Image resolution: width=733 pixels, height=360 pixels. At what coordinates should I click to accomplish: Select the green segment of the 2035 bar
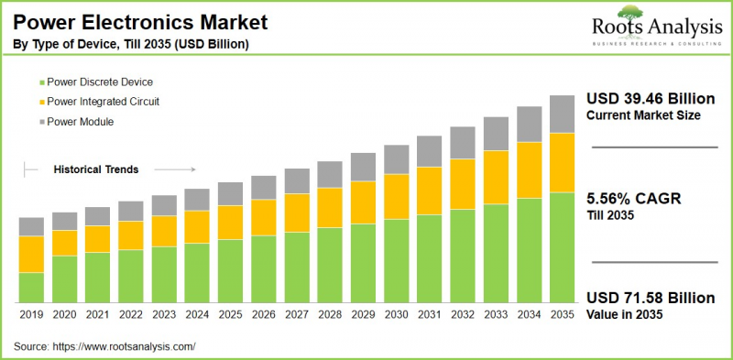[562, 247]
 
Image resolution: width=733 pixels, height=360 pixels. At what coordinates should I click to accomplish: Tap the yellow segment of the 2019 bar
[31, 254]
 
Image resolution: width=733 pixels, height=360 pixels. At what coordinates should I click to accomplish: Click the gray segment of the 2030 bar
[397, 159]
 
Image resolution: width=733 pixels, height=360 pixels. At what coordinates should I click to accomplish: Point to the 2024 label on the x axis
[197, 314]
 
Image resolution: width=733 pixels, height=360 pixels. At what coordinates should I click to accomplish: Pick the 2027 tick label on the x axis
[297, 314]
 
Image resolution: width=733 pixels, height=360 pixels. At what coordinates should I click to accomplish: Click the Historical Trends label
[96, 169]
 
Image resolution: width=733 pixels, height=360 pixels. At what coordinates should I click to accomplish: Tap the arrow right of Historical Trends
[175, 169]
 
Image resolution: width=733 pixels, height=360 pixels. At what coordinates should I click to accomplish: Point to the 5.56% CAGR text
[633, 199]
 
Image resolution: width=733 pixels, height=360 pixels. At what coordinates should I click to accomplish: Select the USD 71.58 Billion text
[649, 299]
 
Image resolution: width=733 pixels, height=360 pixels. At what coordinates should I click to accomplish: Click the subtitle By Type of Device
[129, 44]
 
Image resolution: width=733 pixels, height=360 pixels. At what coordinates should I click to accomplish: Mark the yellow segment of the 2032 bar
[463, 184]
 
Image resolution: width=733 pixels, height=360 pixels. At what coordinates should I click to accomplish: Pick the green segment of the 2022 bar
[131, 276]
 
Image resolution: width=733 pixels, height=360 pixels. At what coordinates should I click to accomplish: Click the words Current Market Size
[643, 115]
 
